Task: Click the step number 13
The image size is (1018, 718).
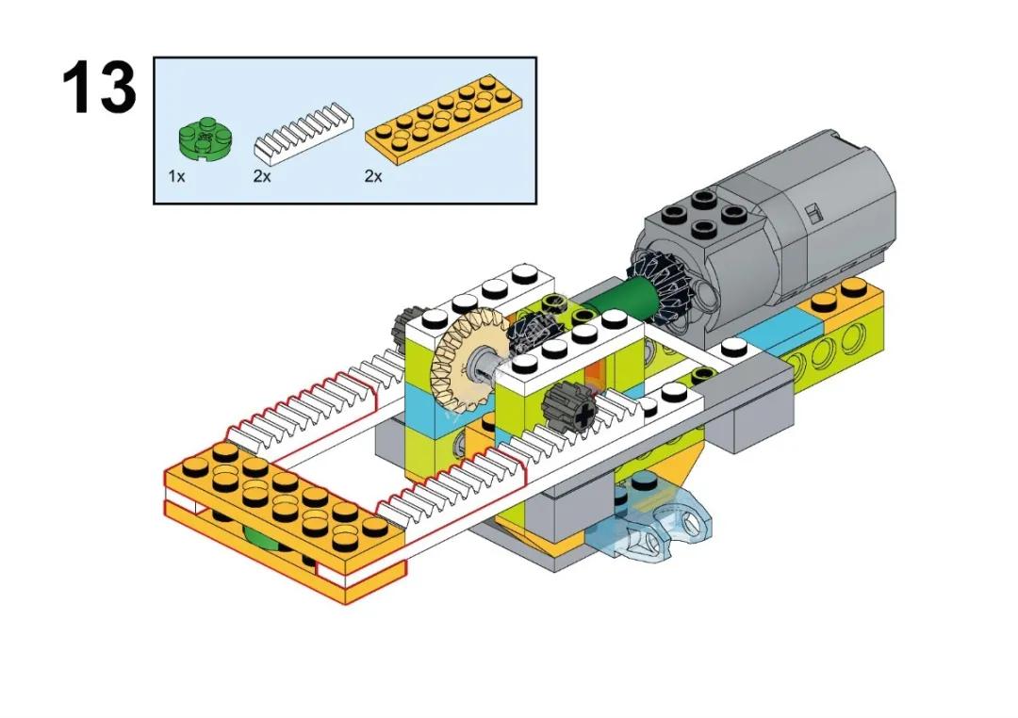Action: (99, 89)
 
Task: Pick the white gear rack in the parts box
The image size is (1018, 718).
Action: (304, 134)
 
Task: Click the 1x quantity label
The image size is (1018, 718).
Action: (176, 176)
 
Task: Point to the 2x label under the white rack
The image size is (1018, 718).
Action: (261, 176)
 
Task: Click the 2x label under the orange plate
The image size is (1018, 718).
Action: (373, 176)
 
